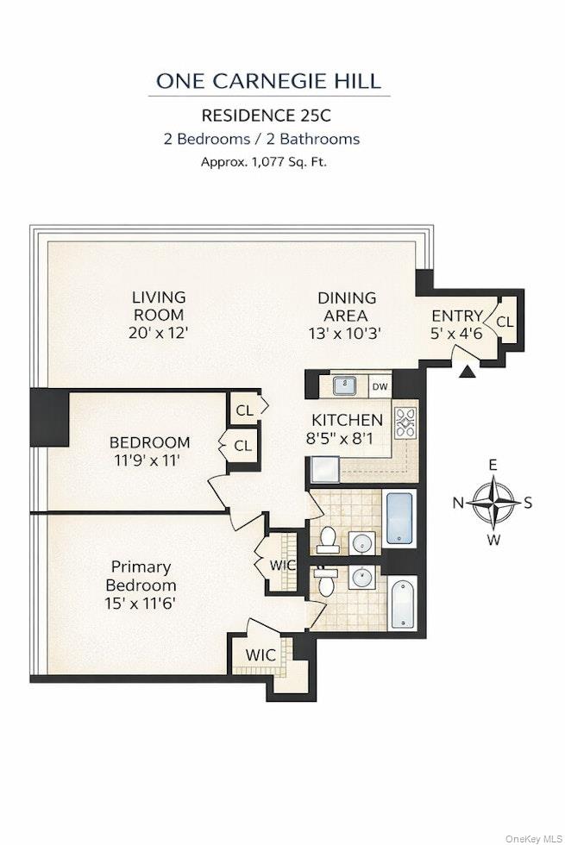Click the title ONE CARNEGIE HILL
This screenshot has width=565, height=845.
pos(268,81)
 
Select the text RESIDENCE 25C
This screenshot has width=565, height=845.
pos(268,115)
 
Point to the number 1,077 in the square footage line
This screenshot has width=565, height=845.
pos(267,161)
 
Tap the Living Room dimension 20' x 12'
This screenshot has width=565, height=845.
pos(159,331)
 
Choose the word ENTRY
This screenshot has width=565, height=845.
pos(456,316)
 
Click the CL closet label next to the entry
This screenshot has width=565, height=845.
pos(505,322)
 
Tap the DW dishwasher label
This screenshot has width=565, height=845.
pos(380,387)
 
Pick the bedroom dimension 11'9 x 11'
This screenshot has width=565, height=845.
pos(149,460)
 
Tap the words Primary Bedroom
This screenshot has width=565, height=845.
pos(141,576)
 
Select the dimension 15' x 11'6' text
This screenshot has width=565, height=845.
pos(141,604)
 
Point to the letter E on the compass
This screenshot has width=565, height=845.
pos(493,466)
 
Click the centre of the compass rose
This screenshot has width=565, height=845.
pos(493,502)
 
